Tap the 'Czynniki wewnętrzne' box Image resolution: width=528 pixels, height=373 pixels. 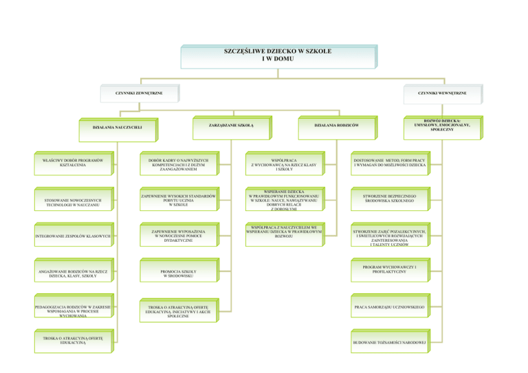coord(441,93)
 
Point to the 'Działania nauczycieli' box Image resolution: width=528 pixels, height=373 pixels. coord(117,127)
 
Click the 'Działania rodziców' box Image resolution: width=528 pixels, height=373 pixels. coord(336,125)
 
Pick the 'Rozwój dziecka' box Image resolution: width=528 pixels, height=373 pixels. coord(441,124)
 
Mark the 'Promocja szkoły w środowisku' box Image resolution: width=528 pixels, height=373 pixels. coord(179,274)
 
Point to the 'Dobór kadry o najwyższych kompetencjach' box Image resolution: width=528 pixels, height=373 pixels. coord(179,165)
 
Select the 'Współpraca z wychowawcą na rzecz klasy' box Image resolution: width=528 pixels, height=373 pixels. coord(284,164)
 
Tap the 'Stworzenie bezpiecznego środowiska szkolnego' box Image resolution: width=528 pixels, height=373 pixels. coord(390,199)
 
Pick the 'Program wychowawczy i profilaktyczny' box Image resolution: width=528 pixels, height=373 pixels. coord(390,269)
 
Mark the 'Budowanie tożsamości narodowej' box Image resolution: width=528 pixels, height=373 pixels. coord(390,342)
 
